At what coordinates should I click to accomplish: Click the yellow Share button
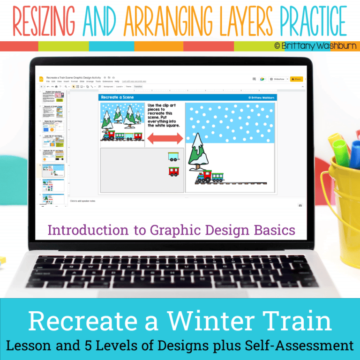[x=296, y=79]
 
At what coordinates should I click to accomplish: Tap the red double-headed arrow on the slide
[x=165, y=139]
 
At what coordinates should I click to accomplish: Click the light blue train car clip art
[x=173, y=157]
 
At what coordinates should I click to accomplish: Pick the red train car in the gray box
[x=174, y=171]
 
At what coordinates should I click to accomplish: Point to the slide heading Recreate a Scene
[x=118, y=97]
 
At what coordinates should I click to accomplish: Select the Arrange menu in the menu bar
[x=90, y=82]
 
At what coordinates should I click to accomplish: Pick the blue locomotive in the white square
[x=203, y=177]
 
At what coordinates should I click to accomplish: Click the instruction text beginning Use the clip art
[x=164, y=115]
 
